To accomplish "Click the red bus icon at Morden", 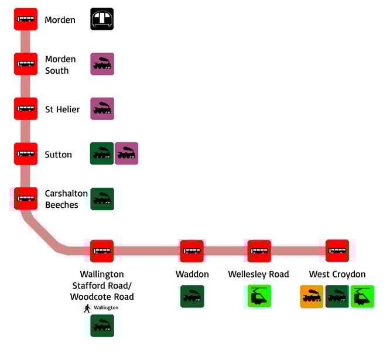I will click(26, 19).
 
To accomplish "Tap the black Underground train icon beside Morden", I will click(102, 19).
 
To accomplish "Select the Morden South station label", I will click(60, 64).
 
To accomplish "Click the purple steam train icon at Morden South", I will click(102, 64).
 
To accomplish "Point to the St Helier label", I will click(63, 109).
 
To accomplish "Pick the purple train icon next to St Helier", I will click(102, 109).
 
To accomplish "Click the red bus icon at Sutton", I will click(26, 154).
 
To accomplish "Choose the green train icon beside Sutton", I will click(102, 153).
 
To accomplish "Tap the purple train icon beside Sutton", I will click(126, 153).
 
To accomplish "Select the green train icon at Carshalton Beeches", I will click(102, 199).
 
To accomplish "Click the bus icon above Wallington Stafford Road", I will click(102, 251).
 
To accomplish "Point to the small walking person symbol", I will click(87, 308).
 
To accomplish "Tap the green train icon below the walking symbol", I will click(102, 325).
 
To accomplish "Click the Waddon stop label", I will click(192, 274).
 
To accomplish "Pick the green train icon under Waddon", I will click(192, 296).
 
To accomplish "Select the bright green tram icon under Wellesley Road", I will click(258, 296).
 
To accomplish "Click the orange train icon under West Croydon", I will click(312, 297).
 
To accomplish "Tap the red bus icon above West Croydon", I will click(337, 251).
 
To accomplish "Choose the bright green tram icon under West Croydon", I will click(362, 297).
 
